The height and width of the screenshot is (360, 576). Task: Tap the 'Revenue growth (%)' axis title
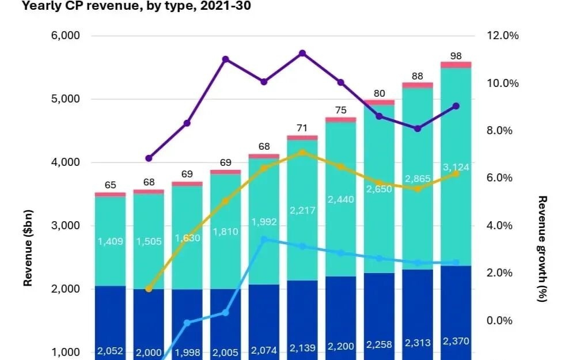point(542,249)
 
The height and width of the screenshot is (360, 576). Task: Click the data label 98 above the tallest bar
point(456,56)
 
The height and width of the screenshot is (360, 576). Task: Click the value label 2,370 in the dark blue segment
point(456,341)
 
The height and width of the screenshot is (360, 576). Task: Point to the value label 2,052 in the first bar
point(110,351)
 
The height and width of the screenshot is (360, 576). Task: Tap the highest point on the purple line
point(302,54)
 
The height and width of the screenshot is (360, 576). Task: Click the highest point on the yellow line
point(302,153)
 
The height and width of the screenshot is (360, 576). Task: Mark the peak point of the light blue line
point(264,239)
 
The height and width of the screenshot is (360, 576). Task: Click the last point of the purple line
point(456,106)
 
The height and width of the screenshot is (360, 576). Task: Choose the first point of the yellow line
point(149,289)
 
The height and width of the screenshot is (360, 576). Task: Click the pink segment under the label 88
point(418,85)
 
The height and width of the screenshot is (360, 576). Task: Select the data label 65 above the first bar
point(110,185)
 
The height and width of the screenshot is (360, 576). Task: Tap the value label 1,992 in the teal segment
point(264,222)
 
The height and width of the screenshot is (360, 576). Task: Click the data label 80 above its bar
point(379,93)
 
